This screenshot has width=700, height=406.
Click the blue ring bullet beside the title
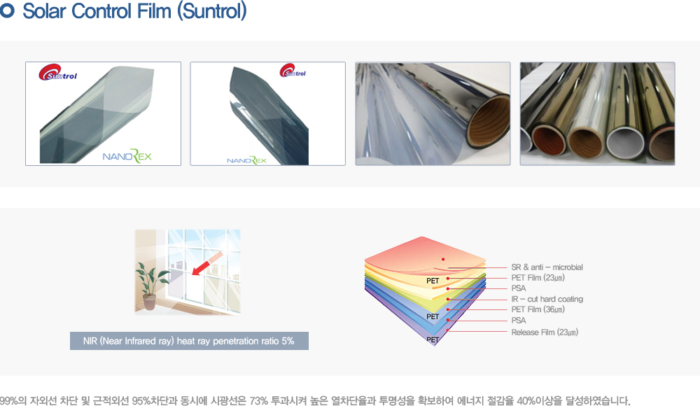click(7, 11)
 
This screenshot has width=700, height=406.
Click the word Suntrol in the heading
click(212, 11)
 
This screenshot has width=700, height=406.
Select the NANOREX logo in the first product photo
click(127, 156)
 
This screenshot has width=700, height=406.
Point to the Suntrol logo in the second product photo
click(293, 71)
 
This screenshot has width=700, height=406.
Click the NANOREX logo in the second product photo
click(246, 160)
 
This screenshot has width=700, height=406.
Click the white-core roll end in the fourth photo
click(624, 143)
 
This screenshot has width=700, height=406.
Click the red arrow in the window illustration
click(207, 263)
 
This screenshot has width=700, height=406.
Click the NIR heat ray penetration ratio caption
click(189, 341)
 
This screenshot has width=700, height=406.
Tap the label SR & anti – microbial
click(547, 267)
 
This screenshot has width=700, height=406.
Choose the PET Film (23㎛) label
click(538, 278)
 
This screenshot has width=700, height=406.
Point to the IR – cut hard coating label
click(547, 299)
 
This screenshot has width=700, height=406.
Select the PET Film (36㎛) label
click(538, 309)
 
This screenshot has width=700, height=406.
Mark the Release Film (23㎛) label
click(545, 332)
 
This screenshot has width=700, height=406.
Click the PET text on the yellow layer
click(433, 281)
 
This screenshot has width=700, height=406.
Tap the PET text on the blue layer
click(433, 316)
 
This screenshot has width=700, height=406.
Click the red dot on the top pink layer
click(443, 259)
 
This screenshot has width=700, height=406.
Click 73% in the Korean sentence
click(258, 400)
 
